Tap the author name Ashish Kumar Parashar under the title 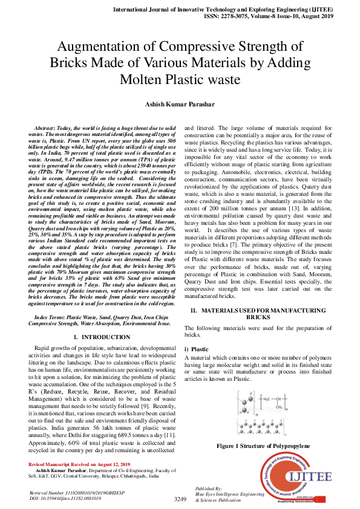coord(179,105)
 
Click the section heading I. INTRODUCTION coord(102,336)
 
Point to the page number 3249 coord(180,499)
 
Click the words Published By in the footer coord(209,488)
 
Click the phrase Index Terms coord(51,316)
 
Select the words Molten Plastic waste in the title coord(180,79)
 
